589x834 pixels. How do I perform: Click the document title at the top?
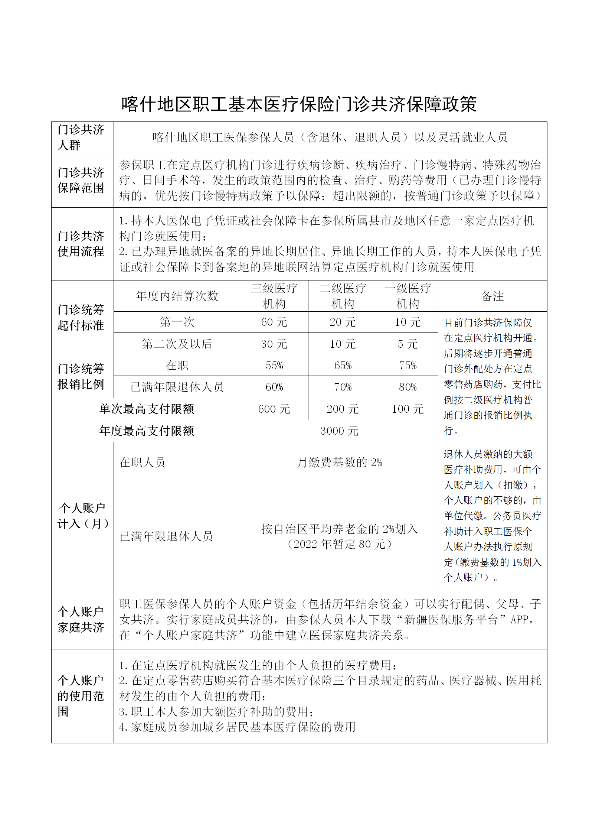point(299,104)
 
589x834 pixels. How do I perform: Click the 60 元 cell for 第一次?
point(274,322)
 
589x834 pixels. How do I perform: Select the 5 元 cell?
point(408,344)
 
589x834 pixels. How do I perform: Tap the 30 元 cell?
point(274,344)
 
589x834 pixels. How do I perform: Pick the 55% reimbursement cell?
point(274,366)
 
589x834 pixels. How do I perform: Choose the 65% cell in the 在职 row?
point(343,366)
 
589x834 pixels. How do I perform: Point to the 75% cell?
point(408,366)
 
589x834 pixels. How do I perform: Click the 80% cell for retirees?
point(408,387)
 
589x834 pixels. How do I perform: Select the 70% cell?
point(343,387)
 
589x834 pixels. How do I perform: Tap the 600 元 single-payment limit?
point(274,409)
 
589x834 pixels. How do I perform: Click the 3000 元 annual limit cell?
point(339,431)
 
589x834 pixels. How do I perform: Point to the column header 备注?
point(492,296)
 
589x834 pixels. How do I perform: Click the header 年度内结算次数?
point(177,296)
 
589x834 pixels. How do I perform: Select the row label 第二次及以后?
point(177,344)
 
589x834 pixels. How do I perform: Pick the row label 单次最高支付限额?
point(147,409)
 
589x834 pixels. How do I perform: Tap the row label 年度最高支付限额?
point(147,431)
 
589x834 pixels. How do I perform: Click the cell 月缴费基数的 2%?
point(339,463)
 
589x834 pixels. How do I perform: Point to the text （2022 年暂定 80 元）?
point(339,544)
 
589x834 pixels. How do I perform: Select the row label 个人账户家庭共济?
point(81,619)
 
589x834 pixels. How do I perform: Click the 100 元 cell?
point(408,409)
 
